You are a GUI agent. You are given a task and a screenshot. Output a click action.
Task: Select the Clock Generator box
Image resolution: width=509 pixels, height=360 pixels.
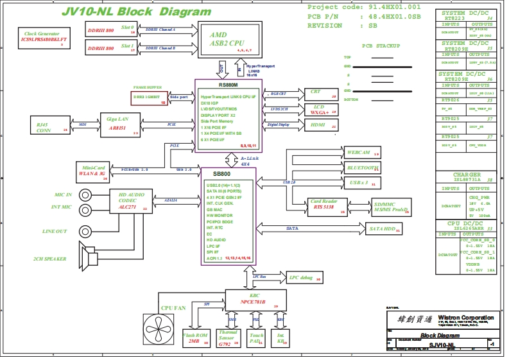(44, 39)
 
